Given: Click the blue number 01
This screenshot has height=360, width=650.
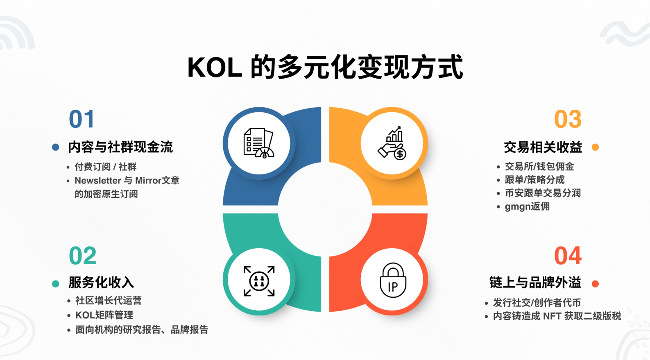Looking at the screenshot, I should pyautogui.click(x=82, y=119).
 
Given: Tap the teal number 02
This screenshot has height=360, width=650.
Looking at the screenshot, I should pyautogui.click(x=82, y=256).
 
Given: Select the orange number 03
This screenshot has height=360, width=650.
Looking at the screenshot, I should pyautogui.click(x=568, y=119).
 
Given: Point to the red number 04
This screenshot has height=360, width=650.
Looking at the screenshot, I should pyautogui.click(x=568, y=256).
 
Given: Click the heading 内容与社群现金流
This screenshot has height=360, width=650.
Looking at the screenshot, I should pyautogui.click(x=120, y=147).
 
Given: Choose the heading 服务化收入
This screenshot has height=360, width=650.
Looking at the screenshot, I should pyautogui.click(x=101, y=283).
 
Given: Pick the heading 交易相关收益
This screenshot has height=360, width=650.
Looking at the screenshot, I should pyautogui.click(x=543, y=147).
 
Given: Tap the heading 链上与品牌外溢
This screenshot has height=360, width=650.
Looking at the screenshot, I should pyautogui.click(x=535, y=283).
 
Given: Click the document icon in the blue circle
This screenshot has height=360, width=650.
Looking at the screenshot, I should pyautogui.click(x=258, y=143).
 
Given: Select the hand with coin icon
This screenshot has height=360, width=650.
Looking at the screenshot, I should pyautogui.click(x=392, y=143).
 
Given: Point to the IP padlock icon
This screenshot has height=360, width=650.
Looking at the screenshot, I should pyautogui.click(x=393, y=281).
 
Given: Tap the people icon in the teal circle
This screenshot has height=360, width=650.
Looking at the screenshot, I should pyautogui.click(x=259, y=281).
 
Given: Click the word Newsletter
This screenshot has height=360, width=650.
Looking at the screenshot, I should pyautogui.click(x=97, y=181).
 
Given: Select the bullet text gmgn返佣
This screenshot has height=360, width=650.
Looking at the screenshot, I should pyautogui.click(x=527, y=206).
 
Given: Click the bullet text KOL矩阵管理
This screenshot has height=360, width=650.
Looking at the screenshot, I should pyautogui.click(x=104, y=315).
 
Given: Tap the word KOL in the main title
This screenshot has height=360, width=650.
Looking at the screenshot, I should pyautogui.click(x=214, y=68).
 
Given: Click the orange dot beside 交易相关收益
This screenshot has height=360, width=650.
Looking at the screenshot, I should pyautogui.click(x=596, y=147).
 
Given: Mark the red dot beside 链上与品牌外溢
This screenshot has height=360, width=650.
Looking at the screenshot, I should pyautogui.click(x=596, y=283).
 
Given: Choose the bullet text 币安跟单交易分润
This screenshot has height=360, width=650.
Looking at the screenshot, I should pyautogui.click(x=543, y=193).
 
